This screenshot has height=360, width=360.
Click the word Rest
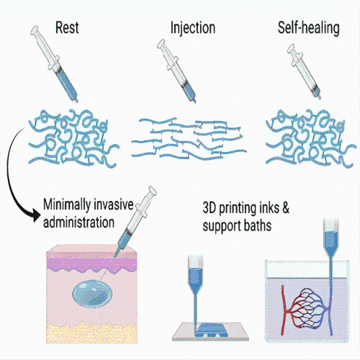click(67, 27)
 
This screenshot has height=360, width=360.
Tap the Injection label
click(193, 28)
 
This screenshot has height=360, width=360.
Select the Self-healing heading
click(308, 28)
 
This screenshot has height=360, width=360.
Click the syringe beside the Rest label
click(54, 64)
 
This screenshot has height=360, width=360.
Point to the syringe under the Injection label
click(176, 71)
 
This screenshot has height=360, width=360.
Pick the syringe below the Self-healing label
click(304, 71)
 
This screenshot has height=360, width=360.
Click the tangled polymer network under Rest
click(73, 138)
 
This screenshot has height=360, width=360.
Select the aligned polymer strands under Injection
click(189, 139)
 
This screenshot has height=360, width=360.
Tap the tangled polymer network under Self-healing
click(310, 138)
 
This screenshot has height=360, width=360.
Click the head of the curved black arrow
click(36, 215)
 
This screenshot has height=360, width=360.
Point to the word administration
click(78, 222)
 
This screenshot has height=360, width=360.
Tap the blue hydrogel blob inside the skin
click(92, 294)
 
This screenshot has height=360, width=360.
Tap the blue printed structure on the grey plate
click(211, 329)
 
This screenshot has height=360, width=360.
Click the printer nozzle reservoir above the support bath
click(331, 238)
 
